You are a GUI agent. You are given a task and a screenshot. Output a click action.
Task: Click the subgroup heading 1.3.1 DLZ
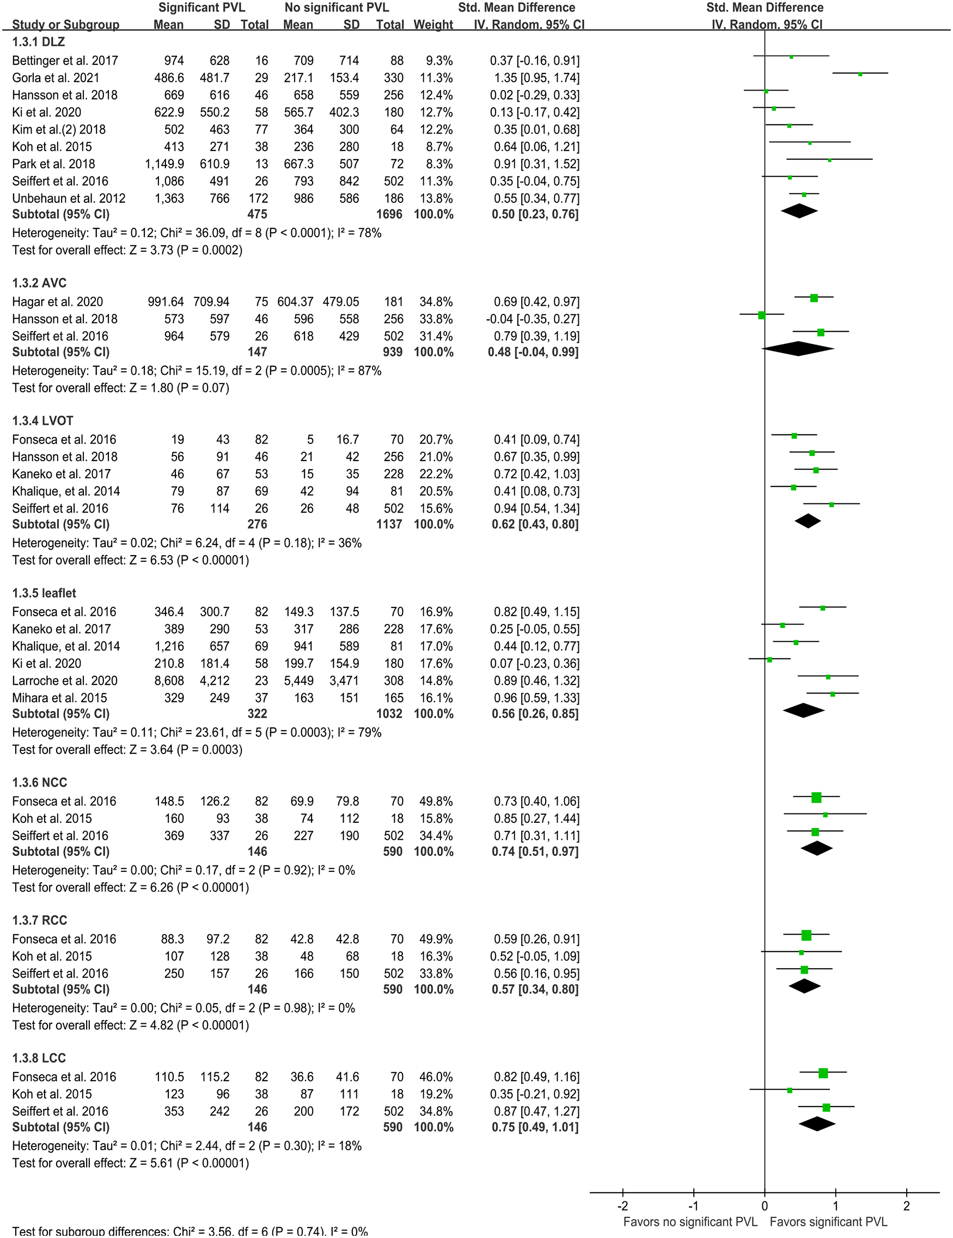tap(39, 42)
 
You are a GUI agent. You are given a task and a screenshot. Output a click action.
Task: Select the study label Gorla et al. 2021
tap(56, 78)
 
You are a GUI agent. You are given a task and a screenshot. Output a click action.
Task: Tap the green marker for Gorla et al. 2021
tap(860, 74)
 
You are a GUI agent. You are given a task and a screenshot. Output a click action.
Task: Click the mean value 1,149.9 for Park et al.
tap(164, 164)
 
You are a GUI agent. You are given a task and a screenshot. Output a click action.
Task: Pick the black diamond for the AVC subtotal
tap(798, 349)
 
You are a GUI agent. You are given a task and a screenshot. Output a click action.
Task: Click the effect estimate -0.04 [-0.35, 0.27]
tap(532, 319)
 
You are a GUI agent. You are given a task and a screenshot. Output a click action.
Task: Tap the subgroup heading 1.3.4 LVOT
tap(43, 421)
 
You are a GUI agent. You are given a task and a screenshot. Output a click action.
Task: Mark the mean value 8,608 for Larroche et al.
tap(168, 680)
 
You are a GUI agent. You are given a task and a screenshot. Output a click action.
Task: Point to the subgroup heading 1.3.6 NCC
tap(40, 782)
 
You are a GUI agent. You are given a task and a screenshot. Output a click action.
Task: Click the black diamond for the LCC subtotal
tap(817, 1124)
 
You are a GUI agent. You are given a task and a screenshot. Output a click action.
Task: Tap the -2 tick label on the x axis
tap(622, 1206)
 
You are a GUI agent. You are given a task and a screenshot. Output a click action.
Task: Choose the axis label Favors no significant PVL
tap(690, 1222)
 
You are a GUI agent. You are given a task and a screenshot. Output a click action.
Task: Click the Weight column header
tap(433, 25)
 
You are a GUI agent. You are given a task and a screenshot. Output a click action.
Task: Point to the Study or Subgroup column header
tap(66, 25)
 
